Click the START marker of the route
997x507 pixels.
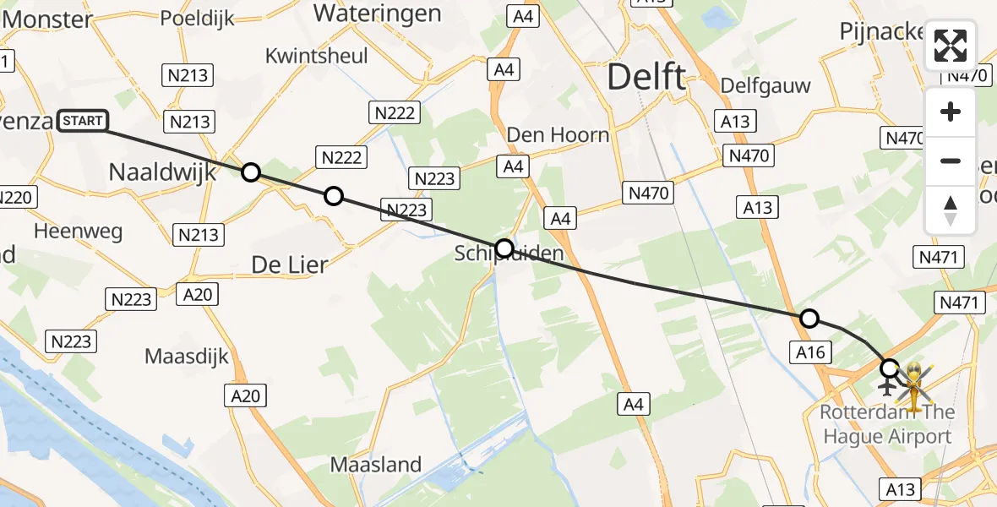point(83,122)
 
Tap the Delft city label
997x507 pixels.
point(646,78)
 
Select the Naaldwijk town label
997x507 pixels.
point(162,173)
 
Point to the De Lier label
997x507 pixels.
point(290,264)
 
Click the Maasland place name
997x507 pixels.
point(375,464)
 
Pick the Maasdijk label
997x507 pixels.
point(187,356)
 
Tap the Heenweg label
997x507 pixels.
point(78,231)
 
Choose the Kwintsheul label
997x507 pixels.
point(316,56)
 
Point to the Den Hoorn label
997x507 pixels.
point(558,134)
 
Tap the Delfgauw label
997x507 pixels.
point(765,85)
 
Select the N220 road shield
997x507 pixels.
point(14,198)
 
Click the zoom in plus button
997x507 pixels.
point(951,112)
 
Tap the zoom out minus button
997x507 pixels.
point(951,161)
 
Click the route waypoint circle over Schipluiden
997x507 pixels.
point(504,248)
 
